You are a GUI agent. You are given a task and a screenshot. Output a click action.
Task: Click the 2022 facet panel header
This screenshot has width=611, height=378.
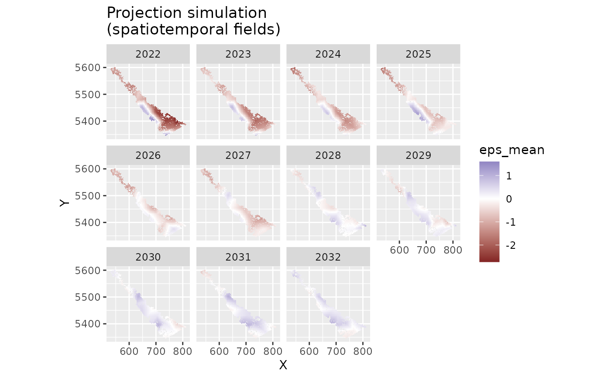pos(148,54)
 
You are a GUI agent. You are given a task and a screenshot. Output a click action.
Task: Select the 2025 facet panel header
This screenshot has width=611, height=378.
pos(418,54)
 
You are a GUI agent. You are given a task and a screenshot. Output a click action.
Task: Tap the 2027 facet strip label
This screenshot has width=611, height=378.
pos(238,155)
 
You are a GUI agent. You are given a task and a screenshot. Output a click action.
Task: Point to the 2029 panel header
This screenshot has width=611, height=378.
pos(418,155)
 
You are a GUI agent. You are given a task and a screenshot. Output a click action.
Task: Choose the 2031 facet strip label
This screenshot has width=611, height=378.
pos(238,257)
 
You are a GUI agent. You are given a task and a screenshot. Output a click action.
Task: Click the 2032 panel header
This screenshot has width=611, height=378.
pos(328,257)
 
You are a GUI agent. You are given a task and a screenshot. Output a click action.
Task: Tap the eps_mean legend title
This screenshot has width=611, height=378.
pos(511,150)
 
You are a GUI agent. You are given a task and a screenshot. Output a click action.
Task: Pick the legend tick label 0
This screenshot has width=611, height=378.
pos(509,199)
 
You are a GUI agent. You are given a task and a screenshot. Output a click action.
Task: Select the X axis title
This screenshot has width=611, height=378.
pos(283,365)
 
